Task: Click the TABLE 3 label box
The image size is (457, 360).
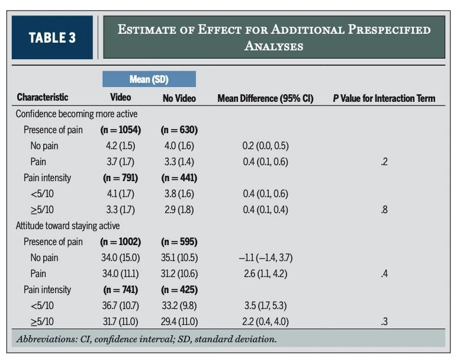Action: click(52, 37)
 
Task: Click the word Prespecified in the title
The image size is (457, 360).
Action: click(389, 29)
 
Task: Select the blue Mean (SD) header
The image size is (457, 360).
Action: click(149, 79)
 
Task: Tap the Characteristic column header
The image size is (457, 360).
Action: click(43, 97)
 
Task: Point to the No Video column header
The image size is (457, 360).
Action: click(179, 98)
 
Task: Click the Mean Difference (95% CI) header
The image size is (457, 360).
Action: click(266, 98)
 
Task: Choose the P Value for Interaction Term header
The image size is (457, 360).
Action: click(384, 98)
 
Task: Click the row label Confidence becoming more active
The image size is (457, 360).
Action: click(76, 114)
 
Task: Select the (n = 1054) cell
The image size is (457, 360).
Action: click(121, 130)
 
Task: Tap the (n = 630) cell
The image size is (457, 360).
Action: click(179, 130)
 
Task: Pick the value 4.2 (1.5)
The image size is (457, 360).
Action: click(121, 146)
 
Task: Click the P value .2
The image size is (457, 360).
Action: click(384, 162)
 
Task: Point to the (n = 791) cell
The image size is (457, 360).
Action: click(121, 178)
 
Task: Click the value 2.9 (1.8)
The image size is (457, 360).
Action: click(179, 210)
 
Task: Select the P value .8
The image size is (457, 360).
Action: click(384, 210)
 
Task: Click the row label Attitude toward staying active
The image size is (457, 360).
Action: click(67, 226)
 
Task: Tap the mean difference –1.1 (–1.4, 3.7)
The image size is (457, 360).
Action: click(266, 258)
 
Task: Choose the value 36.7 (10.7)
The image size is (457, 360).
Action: click(121, 306)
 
